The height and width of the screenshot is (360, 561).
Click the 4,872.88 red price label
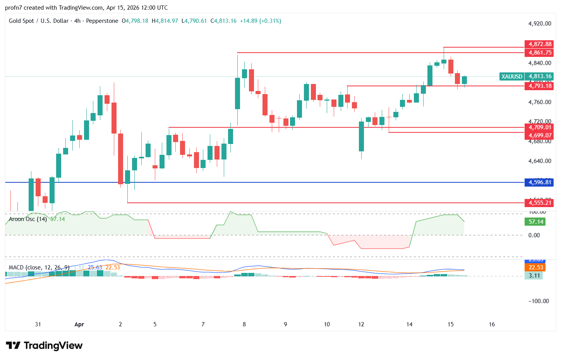pos(539,44)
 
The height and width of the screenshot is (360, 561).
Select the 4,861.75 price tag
pos(539,53)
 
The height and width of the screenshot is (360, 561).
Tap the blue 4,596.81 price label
pos(539,182)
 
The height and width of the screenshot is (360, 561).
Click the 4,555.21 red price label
pos(539,203)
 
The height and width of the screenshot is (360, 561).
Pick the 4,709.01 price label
pos(539,127)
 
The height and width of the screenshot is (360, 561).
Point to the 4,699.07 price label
pos(539,135)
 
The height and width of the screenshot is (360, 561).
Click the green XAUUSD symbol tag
pos(512,77)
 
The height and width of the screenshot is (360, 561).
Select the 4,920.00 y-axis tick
pos(539,24)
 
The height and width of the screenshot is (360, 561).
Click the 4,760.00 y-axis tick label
pos(539,102)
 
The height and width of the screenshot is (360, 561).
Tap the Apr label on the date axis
pos(79,324)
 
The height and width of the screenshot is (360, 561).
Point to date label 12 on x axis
pos(361,324)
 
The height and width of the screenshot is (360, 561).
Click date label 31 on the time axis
pos(38,324)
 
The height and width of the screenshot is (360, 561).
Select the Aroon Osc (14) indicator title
pos(28,219)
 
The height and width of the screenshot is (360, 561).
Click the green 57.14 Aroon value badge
pos(536,222)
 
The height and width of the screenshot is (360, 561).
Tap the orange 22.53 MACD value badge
pos(536,267)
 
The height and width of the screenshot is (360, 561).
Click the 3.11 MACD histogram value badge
pos(534,276)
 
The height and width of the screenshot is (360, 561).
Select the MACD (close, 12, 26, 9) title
pos(39,267)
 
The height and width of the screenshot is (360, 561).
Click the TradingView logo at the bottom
pos(44,345)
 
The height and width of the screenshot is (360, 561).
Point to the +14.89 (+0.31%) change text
pos(260,21)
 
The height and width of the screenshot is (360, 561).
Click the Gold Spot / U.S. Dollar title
pos(39,21)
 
